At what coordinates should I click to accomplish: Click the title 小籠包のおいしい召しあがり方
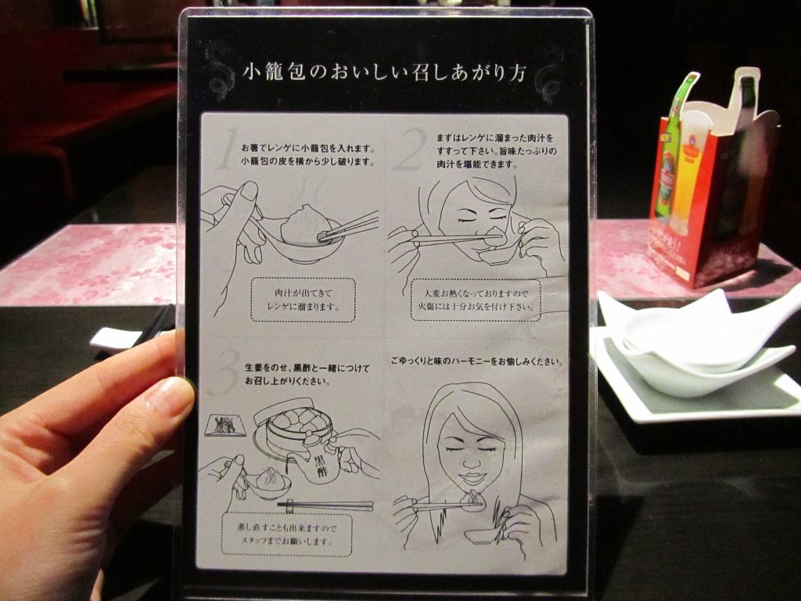coord(384,74)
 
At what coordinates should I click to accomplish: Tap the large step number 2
coord(410,149)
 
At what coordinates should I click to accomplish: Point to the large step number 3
coord(224,372)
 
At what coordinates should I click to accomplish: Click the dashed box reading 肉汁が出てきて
coord(303,300)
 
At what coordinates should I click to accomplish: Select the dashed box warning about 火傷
coord(475,300)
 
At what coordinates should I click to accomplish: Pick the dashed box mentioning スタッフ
coord(286,534)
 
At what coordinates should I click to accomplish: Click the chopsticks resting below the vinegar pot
coord(325,506)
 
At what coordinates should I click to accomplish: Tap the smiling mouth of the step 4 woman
coord(472,479)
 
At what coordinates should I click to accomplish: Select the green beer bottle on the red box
coord(670,153)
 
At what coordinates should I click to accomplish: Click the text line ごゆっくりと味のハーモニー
coord(476,362)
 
